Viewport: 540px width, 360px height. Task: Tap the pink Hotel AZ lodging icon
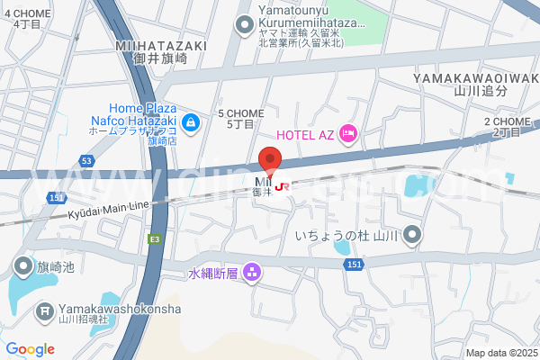click(348, 134)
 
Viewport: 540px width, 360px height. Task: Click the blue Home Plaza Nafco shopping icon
click(191, 121)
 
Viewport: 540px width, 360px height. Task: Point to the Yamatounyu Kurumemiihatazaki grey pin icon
click(244, 24)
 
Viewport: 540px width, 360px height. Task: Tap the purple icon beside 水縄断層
click(253, 271)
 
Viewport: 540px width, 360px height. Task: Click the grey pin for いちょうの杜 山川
click(412, 236)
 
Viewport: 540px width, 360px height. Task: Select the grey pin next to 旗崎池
click(22, 266)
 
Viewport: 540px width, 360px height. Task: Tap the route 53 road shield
click(85, 160)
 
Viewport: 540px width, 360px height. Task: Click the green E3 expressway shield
click(155, 238)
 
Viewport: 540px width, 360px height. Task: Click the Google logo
click(30, 348)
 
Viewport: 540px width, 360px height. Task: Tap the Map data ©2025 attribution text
click(500, 353)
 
